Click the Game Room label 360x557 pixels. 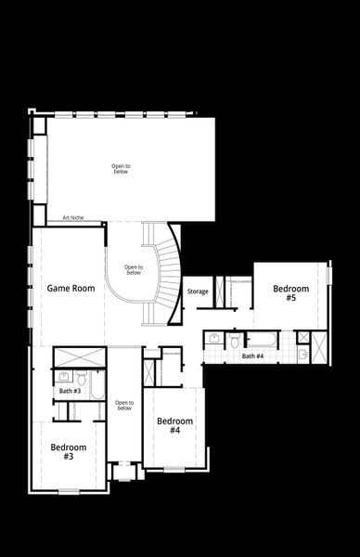point(71,289)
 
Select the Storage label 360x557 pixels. point(197,291)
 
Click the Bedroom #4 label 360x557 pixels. point(174,425)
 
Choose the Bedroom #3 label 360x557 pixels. point(69,451)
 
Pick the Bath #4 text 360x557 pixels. point(252,356)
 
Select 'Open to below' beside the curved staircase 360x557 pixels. point(134,270)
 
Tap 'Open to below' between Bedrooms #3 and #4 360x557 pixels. point(124,406)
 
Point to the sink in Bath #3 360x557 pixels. point(63,377)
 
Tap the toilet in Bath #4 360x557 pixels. point(235,342)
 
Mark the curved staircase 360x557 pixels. point(168,274)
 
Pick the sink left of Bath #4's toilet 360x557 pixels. point(214,340)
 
